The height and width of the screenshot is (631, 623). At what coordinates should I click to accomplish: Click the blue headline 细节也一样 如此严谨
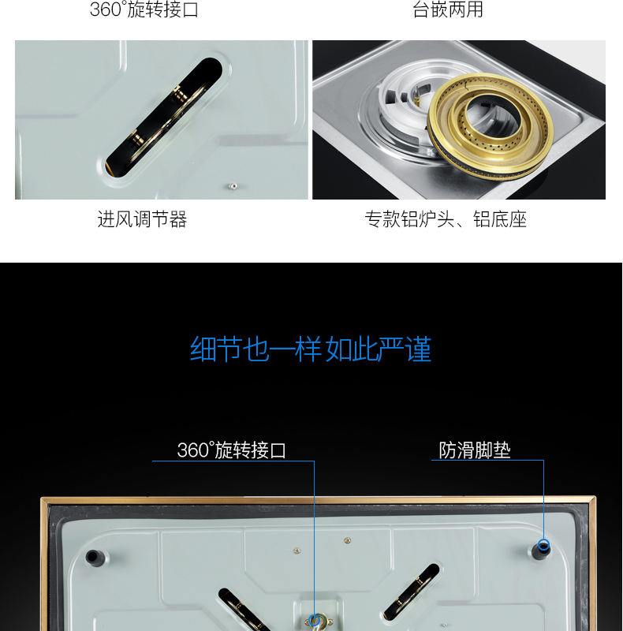tap(311, 349)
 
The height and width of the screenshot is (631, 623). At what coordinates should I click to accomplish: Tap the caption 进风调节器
tap(142, 219)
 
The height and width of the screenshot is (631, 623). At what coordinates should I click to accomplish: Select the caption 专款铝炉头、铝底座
tap(446, 219)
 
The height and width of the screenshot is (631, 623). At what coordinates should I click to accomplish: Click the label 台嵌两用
tap(447, 9)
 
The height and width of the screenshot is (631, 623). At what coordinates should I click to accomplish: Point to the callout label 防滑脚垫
tap(475, 450)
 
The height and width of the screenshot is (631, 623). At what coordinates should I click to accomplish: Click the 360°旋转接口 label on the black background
tap(231, 450)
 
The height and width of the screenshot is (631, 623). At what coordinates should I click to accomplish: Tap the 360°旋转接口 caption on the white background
tap(144, 9)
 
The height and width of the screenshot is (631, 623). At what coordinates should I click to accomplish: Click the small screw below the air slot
tap(233, 186)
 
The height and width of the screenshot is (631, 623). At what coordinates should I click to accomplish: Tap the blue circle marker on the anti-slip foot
tap(543, 545)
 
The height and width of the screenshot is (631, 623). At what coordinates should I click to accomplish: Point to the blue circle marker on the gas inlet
tap(315, 620)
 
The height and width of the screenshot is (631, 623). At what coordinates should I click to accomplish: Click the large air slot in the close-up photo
tap(164, 118)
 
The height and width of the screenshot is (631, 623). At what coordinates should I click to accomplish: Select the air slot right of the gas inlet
tap(412, 592)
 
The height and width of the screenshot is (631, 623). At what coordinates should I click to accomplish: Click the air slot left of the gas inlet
tap(244, 610)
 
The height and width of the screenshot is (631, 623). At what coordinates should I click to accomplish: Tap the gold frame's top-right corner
tap(595, 498)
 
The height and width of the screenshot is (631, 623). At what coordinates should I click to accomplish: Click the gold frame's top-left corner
tap(42, 499)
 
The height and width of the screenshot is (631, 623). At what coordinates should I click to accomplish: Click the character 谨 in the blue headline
tap(419, 349)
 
